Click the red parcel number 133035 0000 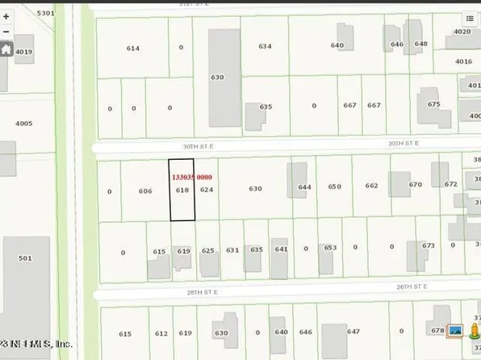click(191, 177)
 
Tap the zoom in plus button click(6, 16)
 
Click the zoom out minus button click(6, 32)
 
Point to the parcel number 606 click(145, 191)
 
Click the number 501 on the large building click(25, 258)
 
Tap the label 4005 click(24, 123)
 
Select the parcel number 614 click(133, 48)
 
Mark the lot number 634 click(265, 47)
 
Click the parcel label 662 click(371, 186)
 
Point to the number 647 click(353, 331)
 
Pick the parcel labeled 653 click(329, 248)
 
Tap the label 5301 click(46, 14)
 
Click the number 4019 click(24, 52)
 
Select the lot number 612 click(161, 333)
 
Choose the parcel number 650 click(335, 186)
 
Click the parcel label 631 click(232, 250)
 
